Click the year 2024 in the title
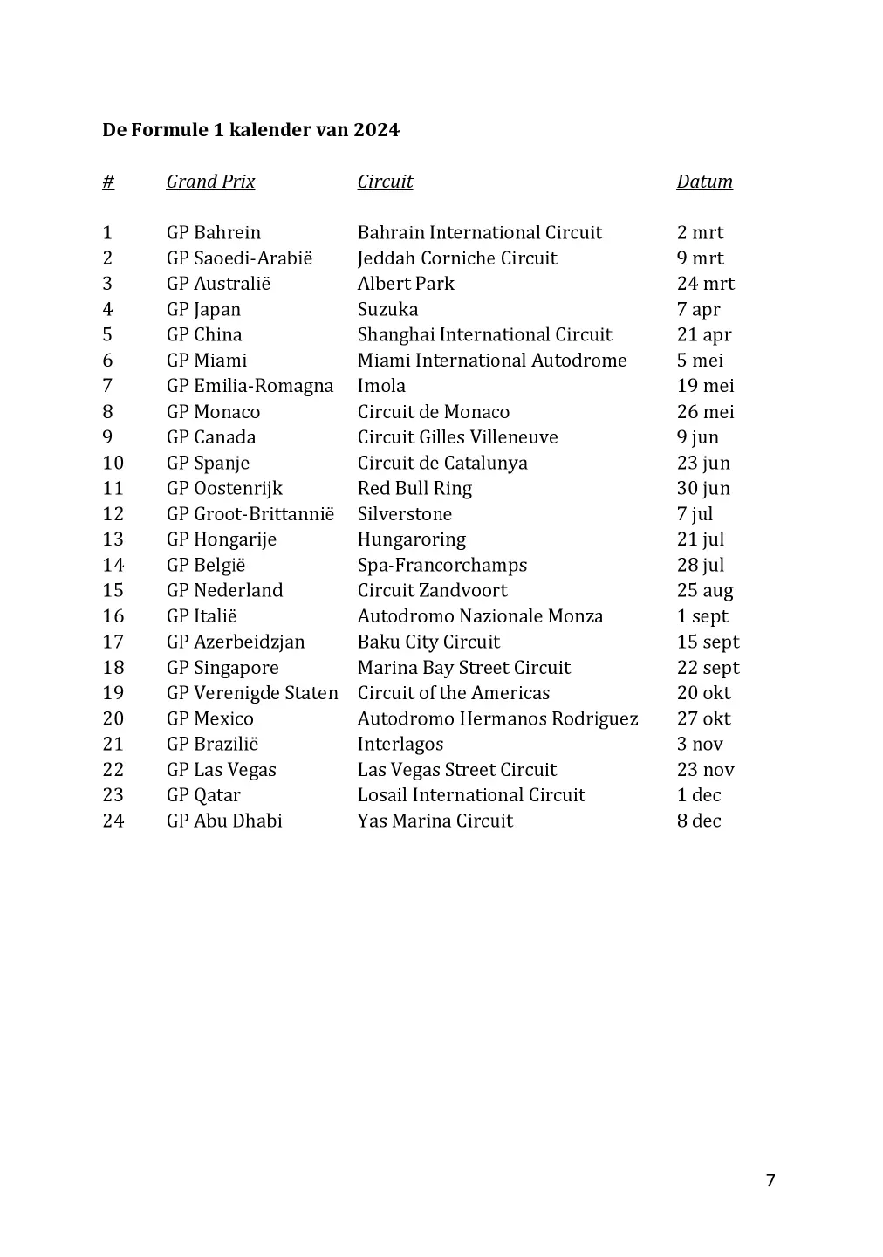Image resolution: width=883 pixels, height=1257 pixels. point(376,130)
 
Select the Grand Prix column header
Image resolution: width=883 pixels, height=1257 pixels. point(210,182)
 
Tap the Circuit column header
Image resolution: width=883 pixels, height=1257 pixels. point(385,182)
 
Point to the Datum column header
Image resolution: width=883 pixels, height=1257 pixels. point(704,182)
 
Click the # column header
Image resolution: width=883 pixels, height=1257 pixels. point(108,182)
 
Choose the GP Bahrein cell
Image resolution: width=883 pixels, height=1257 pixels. point(214,233)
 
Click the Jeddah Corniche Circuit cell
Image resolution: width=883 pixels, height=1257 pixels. point(456,258)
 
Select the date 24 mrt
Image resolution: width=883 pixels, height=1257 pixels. point(705,284)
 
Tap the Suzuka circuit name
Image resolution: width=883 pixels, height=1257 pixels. point(387,309)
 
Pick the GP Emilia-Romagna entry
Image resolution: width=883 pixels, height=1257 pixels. point(250,386)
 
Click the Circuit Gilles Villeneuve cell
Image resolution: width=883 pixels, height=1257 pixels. point(457,437)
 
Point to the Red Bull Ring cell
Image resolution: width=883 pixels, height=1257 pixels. point(414,488)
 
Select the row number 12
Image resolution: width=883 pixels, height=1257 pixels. point(113,514)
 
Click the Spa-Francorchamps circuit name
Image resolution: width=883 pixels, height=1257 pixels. point(441,565)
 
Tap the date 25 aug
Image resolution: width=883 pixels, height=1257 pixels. point(704,591)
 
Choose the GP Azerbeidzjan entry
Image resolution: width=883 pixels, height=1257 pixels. point(236,642)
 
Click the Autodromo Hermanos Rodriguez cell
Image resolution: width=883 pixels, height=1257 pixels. point(497,718)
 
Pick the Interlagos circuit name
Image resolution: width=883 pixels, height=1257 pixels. point(400,745)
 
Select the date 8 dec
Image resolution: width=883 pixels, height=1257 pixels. point(698,821)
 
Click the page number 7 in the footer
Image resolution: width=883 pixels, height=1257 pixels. point(770,1181)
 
